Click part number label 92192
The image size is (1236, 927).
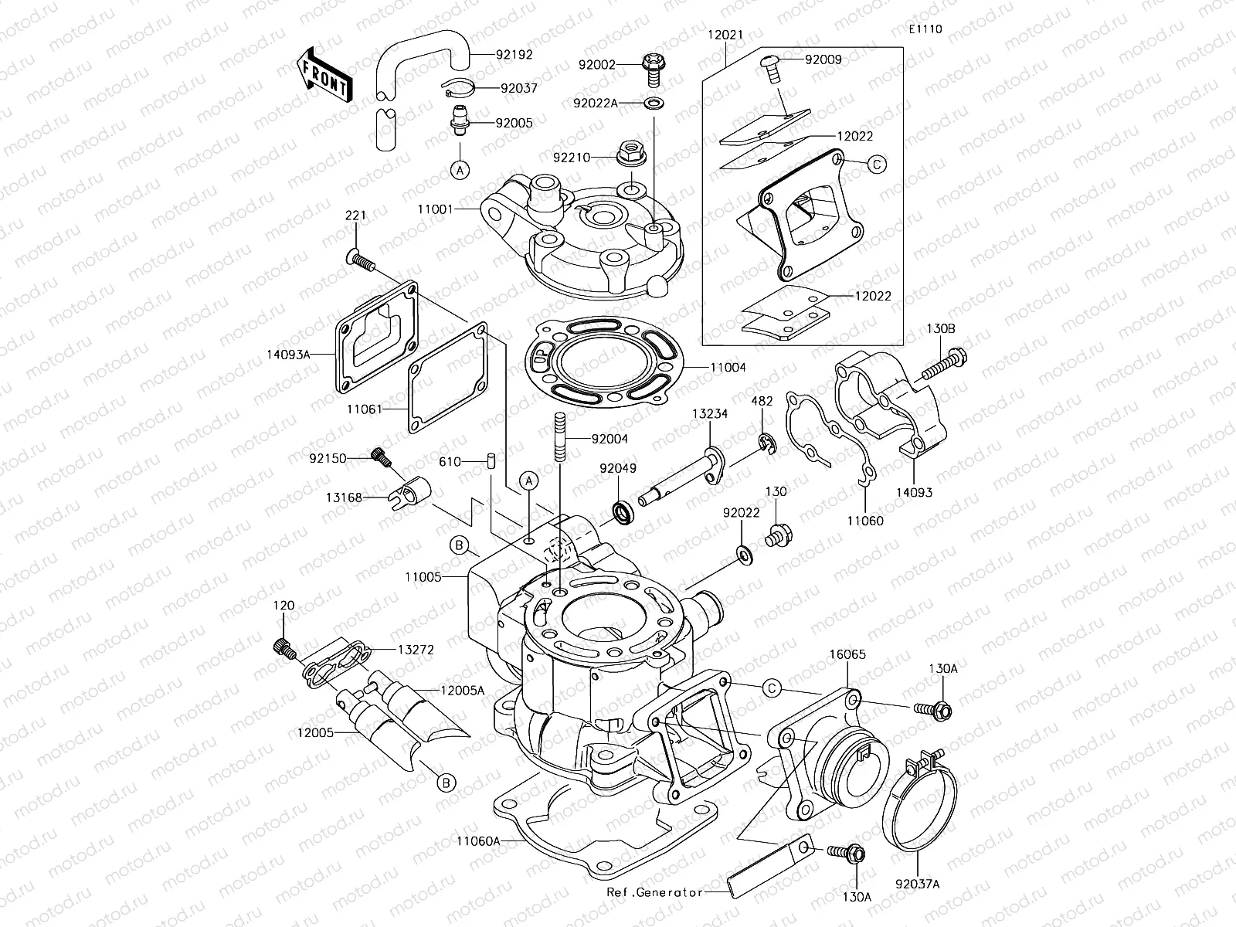[x=514, y=56]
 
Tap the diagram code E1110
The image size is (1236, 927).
[x=925, y=29]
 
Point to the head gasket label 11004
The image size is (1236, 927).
[x=727, y=368]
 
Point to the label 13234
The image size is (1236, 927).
[x=709, y=414]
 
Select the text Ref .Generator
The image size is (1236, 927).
[x=654, y=891]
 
